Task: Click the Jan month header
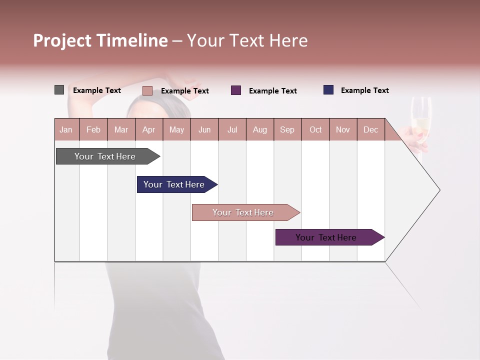click(66, 129)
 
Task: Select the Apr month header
click(149, 129)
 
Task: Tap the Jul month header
click(232, 129)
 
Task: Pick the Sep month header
click(287, 129)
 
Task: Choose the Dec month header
click(370, 129)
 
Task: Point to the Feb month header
click(93, 129)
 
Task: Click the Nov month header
click(343, 129)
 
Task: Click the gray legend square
click(59, 90)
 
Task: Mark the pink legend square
click(147, 90)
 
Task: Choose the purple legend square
click(236, 90)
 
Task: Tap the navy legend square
click(328, 90)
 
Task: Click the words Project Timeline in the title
click(100, 40)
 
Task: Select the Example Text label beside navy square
click(364, 90)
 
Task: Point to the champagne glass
click(421, 120)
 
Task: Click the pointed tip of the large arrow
click(439, 189)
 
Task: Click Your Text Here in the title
click(247, 40)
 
